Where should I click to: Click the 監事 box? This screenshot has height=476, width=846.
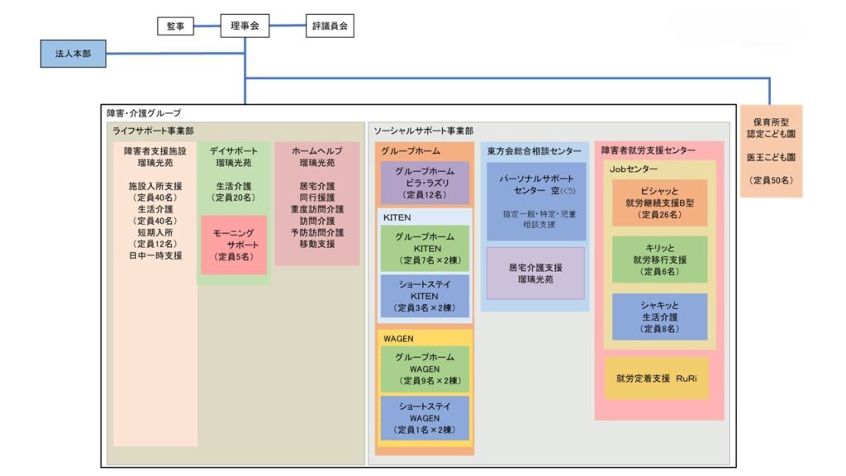click(x=175, y=26)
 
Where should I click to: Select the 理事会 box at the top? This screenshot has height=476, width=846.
click(x=245, y=26)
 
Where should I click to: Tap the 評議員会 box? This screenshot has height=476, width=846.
click(x=330, y=26)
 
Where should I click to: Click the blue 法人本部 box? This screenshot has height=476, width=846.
click(x=73, y=54)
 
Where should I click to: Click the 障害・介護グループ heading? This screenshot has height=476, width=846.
click(x=144, y=112)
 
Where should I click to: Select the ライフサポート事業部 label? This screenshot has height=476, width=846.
click(x=153, y=131)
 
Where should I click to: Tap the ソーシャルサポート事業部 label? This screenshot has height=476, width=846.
click(x=423, y=131)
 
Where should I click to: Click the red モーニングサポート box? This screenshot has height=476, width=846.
click(x=235, y=245)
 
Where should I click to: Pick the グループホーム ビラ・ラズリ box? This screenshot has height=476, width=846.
click(x=425, y=183)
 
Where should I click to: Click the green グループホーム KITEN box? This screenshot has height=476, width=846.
click(x=425, y=248)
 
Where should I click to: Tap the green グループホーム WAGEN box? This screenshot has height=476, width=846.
click(x=425, y=369)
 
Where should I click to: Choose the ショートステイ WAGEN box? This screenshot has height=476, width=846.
click(x=425, y=418)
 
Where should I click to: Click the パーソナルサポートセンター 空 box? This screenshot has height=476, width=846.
click(x=535, y=189)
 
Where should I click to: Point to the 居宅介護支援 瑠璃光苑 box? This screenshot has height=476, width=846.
click(x=535, y=274)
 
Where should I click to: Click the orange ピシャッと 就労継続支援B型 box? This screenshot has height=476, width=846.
click(x=659, y=202)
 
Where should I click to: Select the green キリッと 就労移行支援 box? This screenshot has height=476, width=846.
click(x=659, y=259)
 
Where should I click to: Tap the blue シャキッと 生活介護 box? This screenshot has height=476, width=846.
click(x=659, y=317)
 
